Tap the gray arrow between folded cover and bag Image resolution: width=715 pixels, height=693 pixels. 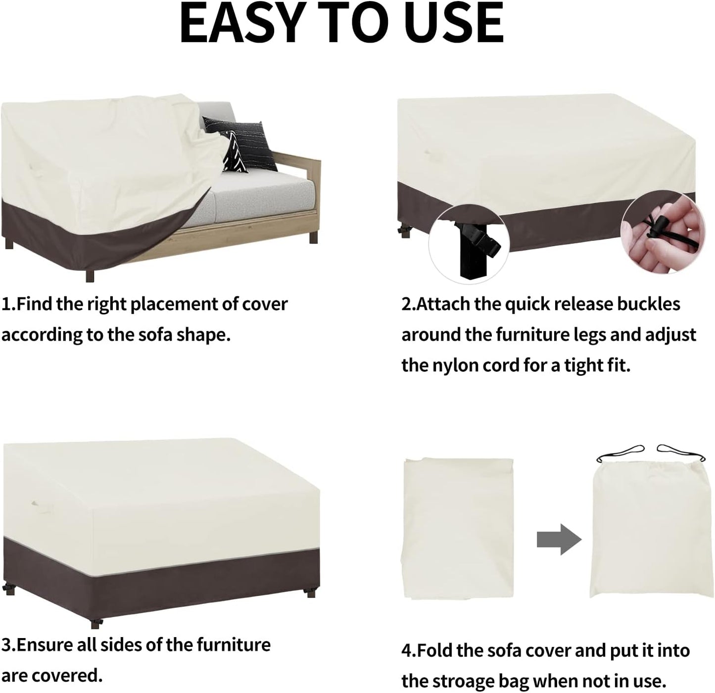click(559, 540)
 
